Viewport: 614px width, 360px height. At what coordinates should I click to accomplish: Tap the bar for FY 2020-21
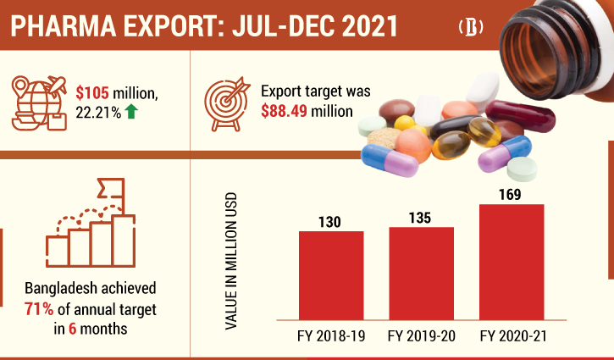point(511,262)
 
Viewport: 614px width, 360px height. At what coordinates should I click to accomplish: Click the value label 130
point(331,221)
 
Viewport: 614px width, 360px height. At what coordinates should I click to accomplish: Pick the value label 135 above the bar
point(421,218)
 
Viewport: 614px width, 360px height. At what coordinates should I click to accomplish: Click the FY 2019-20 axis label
point(421,336)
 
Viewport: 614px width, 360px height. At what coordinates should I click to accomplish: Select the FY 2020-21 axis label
point(512,336)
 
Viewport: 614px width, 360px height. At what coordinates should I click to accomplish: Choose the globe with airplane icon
point(41,102)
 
